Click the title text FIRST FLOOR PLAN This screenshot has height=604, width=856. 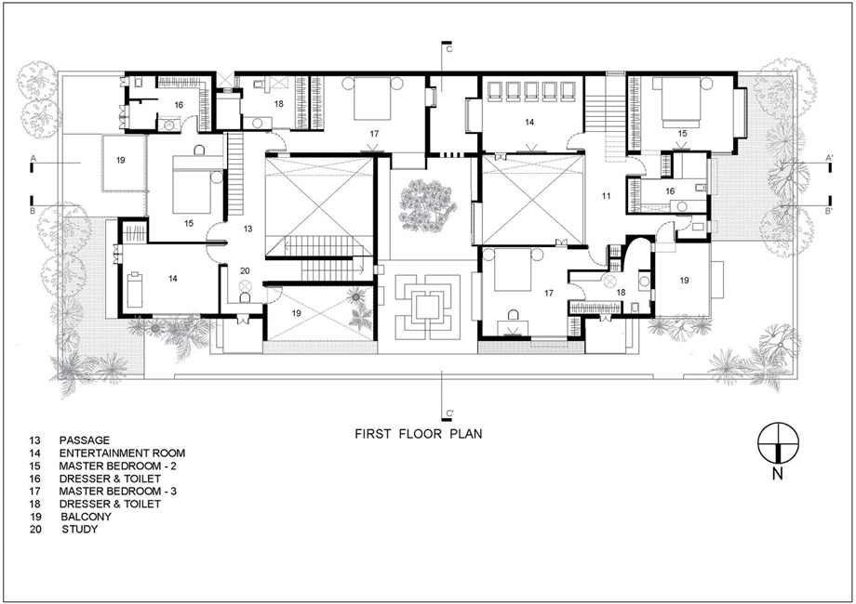pos(419,434)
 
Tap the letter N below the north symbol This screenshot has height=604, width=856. pos(778,474)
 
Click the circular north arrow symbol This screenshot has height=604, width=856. pos(779,442)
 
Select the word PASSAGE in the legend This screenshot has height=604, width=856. pos(85,440)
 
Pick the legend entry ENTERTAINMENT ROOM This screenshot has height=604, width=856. pos(122,453)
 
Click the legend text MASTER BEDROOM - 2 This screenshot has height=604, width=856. pos(118,466)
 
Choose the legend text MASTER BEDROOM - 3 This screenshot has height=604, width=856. pos(118,492)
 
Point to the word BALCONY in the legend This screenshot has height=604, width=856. pos(87,517)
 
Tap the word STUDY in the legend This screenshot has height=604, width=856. pos(80,529)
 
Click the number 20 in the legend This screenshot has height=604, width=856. pos(35,529)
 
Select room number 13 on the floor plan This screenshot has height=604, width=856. pos(247,229)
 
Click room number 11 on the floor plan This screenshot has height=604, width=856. pos(606,196)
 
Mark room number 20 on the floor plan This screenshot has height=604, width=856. pos(245,271)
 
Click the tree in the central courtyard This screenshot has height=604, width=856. pos(428,206)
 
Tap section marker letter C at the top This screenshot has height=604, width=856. pos(449,49)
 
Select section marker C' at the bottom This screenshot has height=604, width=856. pos(450,414)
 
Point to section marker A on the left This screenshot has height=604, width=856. pos(33,158)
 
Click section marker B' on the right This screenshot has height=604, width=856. pos(829,210)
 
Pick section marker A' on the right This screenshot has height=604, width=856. pos(829,158)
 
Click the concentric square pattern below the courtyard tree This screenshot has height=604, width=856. pos(428,308)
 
